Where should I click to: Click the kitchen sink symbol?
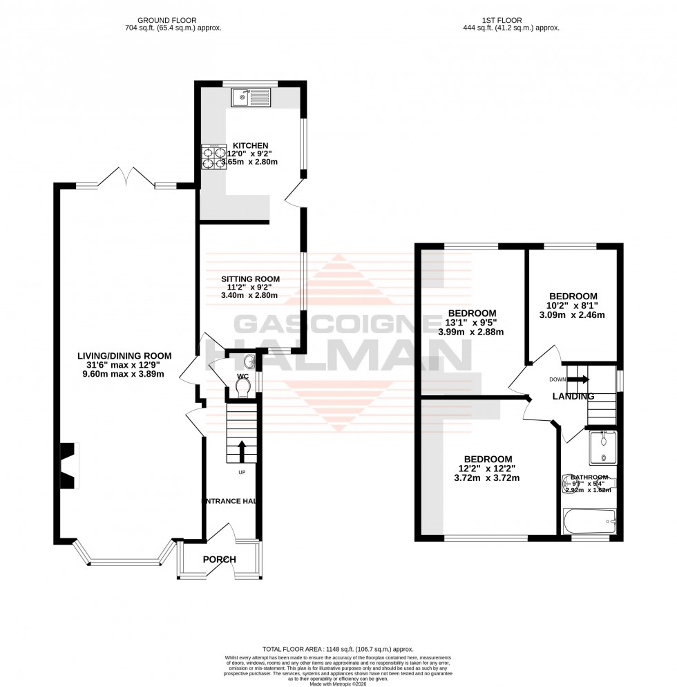[253, 97]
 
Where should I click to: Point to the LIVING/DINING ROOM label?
[124, 356]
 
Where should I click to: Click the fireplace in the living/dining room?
[68, 465]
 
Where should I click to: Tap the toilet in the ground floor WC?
[241, 388]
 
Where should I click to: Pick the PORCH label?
[219, 559]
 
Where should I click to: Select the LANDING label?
[573, 397]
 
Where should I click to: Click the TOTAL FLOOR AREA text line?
[338, 649]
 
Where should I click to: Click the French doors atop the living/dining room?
[126, 178]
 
